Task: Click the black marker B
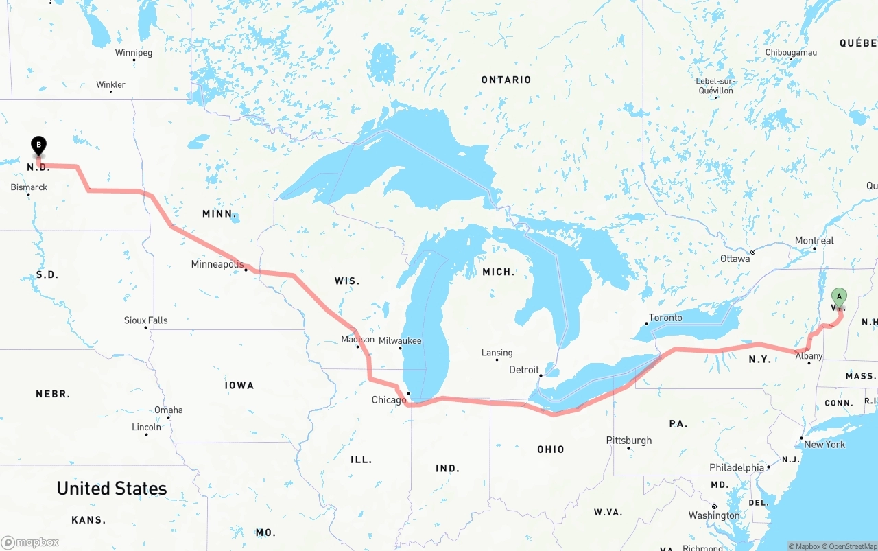point(39,145)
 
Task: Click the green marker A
point(838,297)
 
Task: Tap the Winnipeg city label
point(134,53)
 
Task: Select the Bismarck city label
point(29,187)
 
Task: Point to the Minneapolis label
point(217,264)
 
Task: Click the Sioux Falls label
point(145,320)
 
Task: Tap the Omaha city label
point(169,410)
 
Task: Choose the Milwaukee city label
point(400,341)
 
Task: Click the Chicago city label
point(389,400)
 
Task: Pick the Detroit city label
point(524,370)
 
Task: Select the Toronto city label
point(665,318)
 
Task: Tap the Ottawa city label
point(735,259)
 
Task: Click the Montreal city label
point(814,241)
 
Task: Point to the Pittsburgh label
point(629,441)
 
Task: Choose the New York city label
point(824,445)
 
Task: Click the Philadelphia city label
point(737,468)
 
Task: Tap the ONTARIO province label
point(506,80)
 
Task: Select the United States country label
point(112,489)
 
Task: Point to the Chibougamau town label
point(791,53)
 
